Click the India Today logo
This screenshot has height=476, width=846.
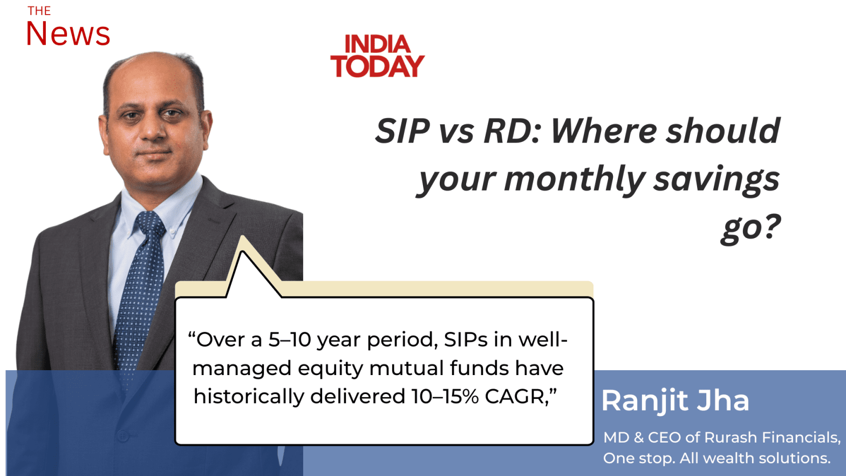point(377,56)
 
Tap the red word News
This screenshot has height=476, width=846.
point(68,33)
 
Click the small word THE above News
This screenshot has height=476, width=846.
point(39,11)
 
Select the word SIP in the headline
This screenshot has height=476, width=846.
point(402,131)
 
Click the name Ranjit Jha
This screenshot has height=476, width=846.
point(676,401)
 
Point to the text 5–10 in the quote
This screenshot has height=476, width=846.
point(289,339)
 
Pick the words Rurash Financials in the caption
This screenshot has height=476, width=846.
point(773,438)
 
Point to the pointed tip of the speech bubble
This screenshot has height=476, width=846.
point(242,237)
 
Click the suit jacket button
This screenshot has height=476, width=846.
point(123,436)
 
